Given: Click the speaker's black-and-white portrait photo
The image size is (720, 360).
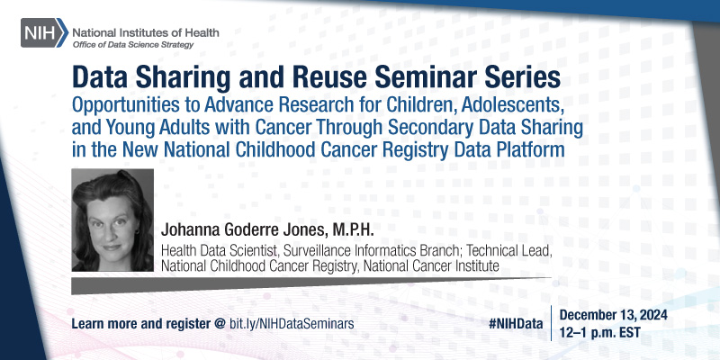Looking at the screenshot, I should pos(112,220).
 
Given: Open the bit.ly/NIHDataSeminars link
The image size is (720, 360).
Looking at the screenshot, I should pos(290,320).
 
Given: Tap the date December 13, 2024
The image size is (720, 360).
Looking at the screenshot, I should pos(621,313).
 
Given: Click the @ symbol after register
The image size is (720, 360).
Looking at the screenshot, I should pos(220,320).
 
